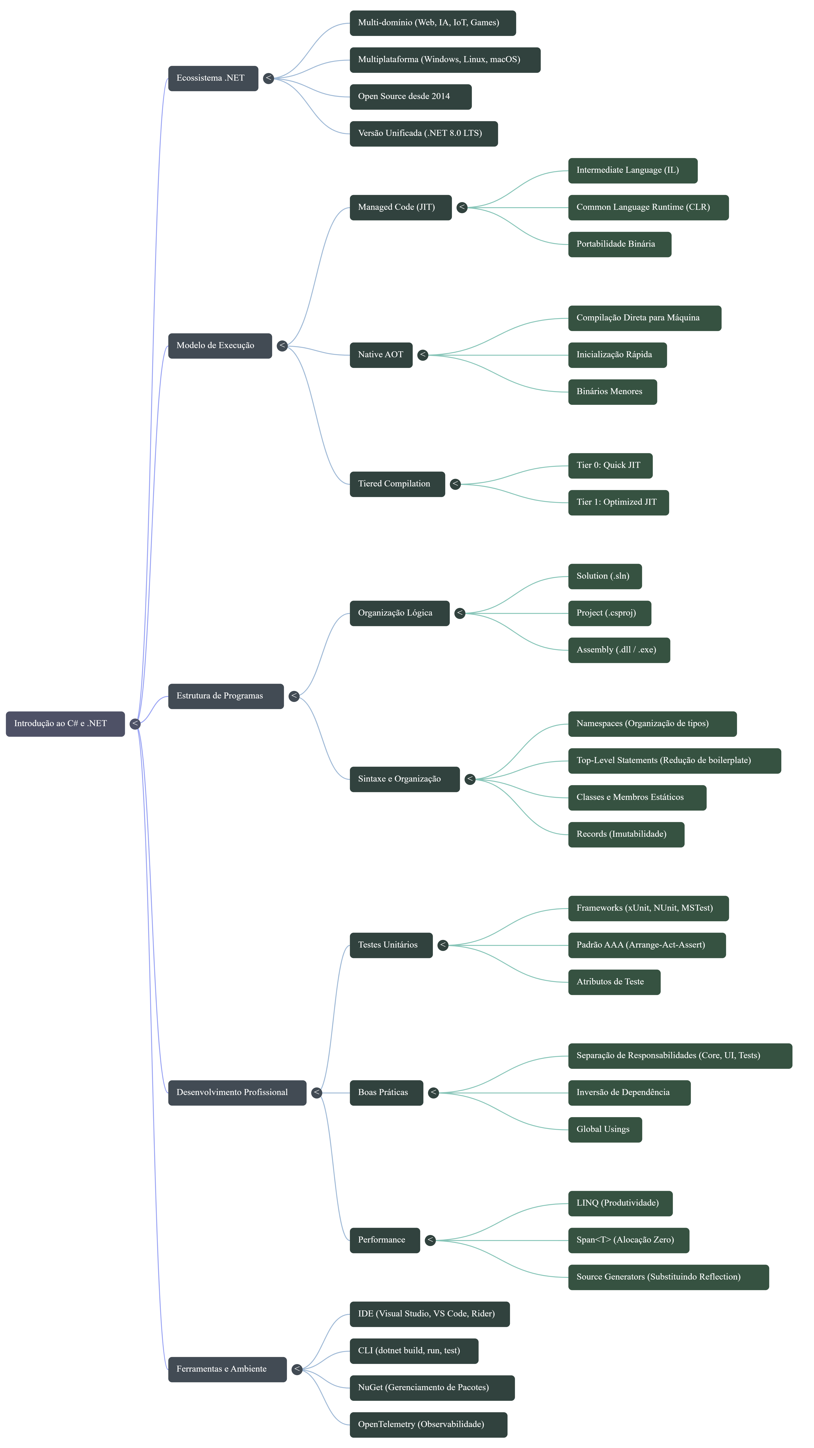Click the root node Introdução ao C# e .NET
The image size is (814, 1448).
[x=65, y=723]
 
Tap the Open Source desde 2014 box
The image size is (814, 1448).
[x=410, y=97]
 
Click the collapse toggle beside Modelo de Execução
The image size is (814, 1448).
[x=282, y=346]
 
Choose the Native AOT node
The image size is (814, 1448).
[x=381, y=355]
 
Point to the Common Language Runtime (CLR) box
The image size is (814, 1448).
[x=648, y=207]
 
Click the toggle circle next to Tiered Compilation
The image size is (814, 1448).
[x=455, y=484]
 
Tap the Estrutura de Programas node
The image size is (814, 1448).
[x=225, y=696]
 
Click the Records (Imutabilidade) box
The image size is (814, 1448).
[x=626, y=834]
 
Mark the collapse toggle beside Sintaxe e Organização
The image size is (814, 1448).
[x=470, y=779]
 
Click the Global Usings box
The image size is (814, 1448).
[x=604, y=1129]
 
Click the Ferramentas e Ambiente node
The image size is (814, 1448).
[x=227, y=1369]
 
